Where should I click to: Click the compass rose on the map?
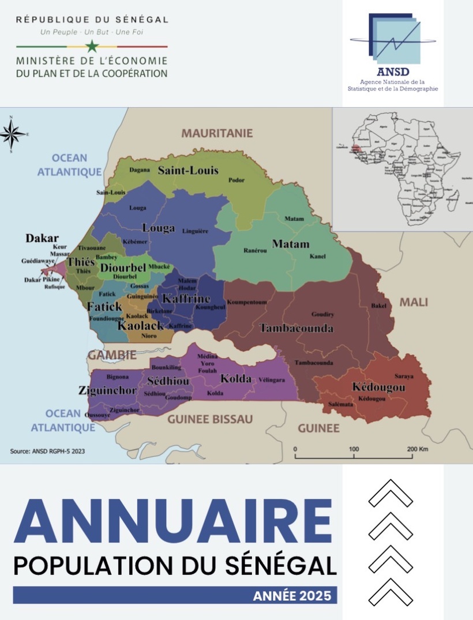tap(12, 134)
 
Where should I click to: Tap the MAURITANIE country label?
tap(217, 133)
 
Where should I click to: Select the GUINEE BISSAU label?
tap(210, 419)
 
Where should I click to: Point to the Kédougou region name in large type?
tap(378, 388)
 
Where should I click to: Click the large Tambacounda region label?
tap(296, 328)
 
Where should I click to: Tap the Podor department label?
tap(236, 180)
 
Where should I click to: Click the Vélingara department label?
tap(272, 380)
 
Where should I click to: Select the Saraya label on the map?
tap(404, 376)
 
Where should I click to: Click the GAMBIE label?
tap(112, 355)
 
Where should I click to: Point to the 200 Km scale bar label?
tap(417, 449)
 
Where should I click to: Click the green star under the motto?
tap(92, 47)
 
